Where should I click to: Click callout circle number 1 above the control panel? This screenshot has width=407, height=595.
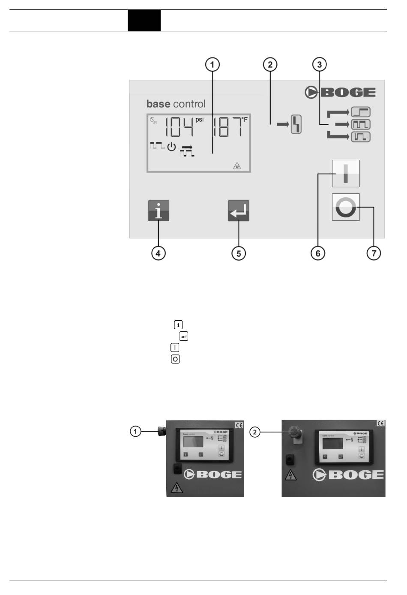[x=212, y=65]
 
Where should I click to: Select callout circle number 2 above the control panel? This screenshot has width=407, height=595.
[x=270, y=65]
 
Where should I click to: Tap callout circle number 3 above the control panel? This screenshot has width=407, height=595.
[x=319, y=65]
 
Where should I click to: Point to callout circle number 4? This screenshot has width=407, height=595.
[x=158, y=253]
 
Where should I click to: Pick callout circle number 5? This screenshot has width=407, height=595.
[x=239, y=253]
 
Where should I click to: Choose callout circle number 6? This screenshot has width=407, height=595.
[x=318, y=253]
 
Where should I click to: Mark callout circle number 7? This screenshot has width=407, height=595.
[x=374, y=253]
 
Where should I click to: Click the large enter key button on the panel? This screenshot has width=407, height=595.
[x=238, y=211]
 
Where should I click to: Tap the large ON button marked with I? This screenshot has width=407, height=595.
[x=346, y=174]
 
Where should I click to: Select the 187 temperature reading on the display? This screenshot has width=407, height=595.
[x=227, y=127]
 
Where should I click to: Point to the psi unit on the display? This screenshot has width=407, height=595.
[x=200, y=120]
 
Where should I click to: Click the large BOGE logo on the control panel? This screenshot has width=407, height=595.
[x=341, y=92]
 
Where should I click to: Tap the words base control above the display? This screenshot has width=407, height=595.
[x=176, y=104]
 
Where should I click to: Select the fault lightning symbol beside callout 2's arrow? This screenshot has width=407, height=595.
[x=296, y=125]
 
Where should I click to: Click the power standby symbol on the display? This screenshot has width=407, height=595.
[x=171, y=147]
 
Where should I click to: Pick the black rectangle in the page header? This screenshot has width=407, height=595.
[x=144, y=21]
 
